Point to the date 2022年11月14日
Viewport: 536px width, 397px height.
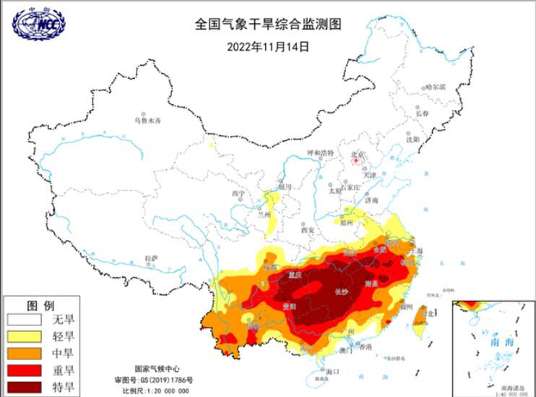pos(267,47)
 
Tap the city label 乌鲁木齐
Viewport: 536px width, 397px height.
pos(147,121)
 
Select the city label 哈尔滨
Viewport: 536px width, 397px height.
pos(436,87)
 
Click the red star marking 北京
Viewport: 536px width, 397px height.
pos(355,163)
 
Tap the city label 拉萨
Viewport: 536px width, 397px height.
pos(151,257)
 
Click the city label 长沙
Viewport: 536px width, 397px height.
pos(342,293)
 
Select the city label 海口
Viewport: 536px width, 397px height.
pos(332,371)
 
